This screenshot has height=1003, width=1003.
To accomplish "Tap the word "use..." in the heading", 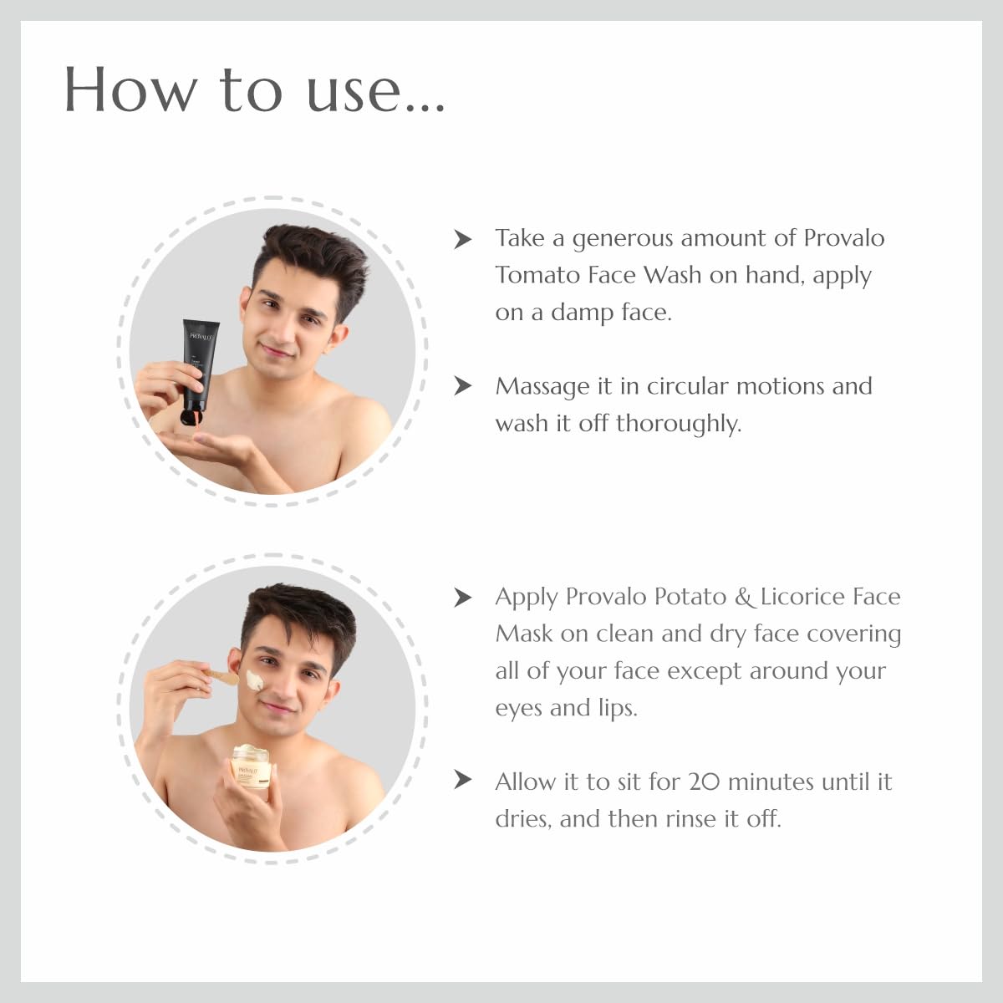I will tap(375, 90).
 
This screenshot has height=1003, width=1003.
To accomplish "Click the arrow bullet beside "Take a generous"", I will tap(462, 239).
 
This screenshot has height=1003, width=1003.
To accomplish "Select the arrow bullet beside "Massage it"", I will tap(462, 386).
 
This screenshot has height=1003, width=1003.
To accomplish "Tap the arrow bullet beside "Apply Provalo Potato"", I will tap(462, 597).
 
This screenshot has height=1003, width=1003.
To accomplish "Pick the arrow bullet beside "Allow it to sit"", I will tap(462, 781).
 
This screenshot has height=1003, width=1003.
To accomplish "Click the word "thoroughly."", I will tap(678, 424).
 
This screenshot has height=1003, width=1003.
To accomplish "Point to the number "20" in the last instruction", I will tap(704, 782).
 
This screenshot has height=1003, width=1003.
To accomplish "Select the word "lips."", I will tap(618, 708).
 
